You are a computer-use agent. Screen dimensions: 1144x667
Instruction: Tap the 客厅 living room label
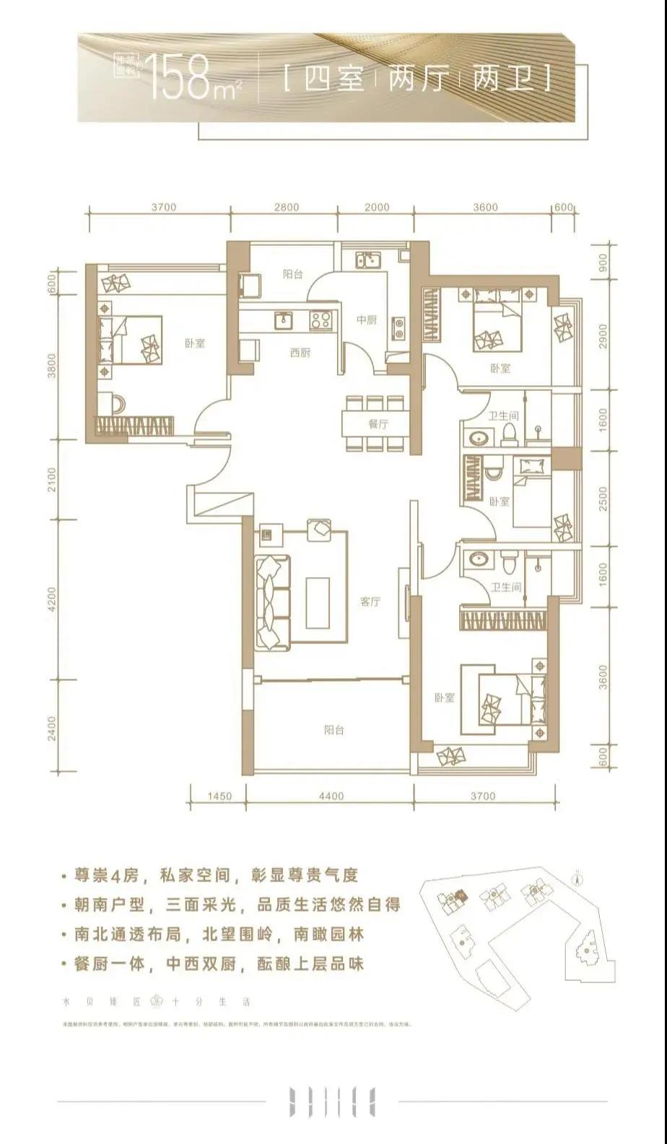point(370,601)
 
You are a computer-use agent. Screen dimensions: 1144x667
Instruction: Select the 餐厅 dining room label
point(378,424)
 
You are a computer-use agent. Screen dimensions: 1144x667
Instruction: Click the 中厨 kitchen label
point(367,320)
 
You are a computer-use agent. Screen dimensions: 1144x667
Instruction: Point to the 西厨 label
point(300,353)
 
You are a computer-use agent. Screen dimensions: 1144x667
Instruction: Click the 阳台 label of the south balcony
point(333,730)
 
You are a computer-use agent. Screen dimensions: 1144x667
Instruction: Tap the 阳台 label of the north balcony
point(291,274)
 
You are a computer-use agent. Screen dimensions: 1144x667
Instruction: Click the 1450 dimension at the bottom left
point(219,796)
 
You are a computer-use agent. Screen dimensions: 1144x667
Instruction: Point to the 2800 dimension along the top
point(287,207)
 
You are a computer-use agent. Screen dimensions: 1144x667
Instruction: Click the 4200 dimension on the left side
point(51,598)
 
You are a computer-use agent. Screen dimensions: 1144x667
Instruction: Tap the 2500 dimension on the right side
point(603,498)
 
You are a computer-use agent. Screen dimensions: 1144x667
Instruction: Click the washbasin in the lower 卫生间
point(478,559)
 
